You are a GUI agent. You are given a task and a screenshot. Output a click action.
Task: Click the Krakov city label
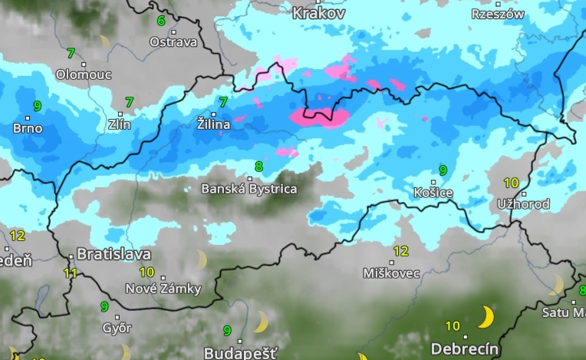(x=320, y=13)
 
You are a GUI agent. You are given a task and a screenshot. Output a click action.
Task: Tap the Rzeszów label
(x=498, y=14)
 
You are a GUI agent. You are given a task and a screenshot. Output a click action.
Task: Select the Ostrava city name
(x=173, y=42)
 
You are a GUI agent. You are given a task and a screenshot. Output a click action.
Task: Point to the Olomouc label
(x=84, y=74)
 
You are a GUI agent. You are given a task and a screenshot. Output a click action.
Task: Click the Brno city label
(x=28, y=128)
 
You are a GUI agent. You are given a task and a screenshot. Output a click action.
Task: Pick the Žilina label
(x=213, y=124)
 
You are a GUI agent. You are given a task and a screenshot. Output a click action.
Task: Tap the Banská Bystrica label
(x=249, y=188)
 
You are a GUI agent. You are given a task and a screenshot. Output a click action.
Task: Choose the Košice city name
(x=433, y=192)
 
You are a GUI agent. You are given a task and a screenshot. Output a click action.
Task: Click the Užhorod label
(x=523, y=204)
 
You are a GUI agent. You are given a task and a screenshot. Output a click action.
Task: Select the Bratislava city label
(x=114, y=254)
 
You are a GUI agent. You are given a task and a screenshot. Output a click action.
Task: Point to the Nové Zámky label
(x=163, y=289)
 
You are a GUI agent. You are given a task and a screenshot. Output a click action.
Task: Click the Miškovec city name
(x=392, y=273)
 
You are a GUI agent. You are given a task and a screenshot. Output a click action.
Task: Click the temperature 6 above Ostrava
(x=161, y=21)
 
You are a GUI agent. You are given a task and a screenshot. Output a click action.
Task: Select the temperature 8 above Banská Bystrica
(x=258, y=166)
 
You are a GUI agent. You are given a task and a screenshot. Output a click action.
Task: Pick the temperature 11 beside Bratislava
(x=71, y=272)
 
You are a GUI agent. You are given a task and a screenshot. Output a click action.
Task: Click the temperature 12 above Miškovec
(x=400, y=251)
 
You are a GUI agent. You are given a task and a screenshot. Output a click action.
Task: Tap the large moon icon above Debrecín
(x=486, y=316)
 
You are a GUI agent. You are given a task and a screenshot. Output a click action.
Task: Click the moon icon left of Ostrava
(x=104, y=40)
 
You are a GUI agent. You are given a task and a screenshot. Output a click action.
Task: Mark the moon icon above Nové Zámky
(x=202, y=259)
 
